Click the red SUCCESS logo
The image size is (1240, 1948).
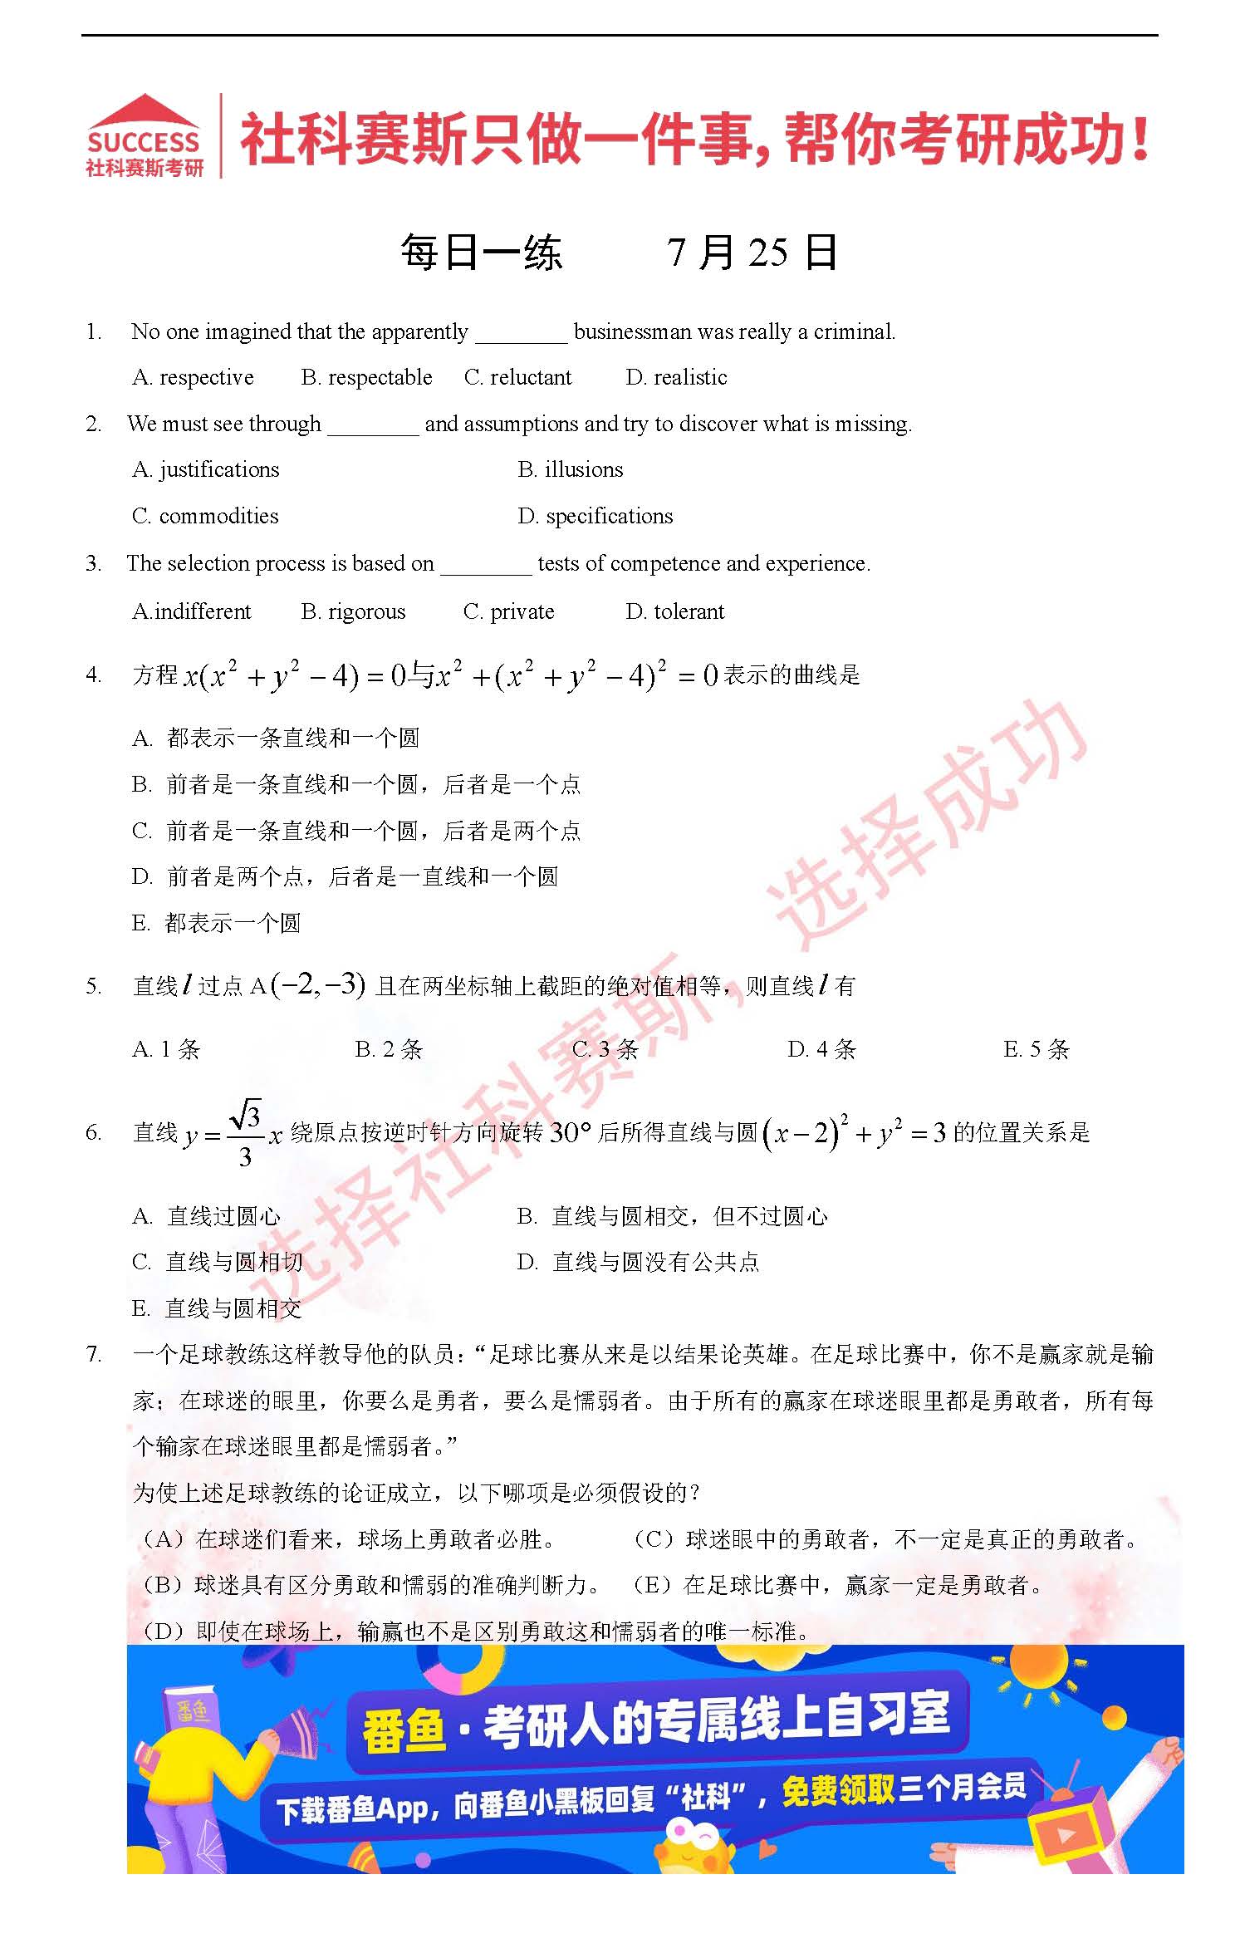pyautogui.click(x=145, y=135)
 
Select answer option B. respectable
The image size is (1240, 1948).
pyautogui.click(x=366, y=378)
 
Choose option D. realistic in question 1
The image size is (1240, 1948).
pyautogui.click(x=676, y=378)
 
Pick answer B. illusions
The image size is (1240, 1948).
pyautogui.click(x=570, y=470)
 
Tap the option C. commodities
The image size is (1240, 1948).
pyautogui.click(x=205, y=517)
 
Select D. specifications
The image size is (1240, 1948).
pyautogui.click(x=595, y=517)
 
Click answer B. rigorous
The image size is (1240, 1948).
pyautogui.click(x=353, y=612)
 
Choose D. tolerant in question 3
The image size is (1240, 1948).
pyautogui.click(x=674, y=612)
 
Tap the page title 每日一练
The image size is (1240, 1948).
pyautogui.click(x=482, y=253)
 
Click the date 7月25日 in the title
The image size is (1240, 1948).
pyautogui.click(x=752, y=253)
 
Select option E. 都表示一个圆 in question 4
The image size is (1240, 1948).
pyautogui.click(x=216, y=923)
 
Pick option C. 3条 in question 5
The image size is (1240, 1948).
pyautogui.click(x=605, y=1050)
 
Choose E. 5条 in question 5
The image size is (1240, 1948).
pyautogui.click(x=1036, y=1050)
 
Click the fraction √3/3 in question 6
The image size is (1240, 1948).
pyautogui.click(x=245, y=1134)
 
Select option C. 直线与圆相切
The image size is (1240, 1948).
pyautogui.click(x=217, y=1263)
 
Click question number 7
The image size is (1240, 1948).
pyautogui.click(x=94, y=1355)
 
